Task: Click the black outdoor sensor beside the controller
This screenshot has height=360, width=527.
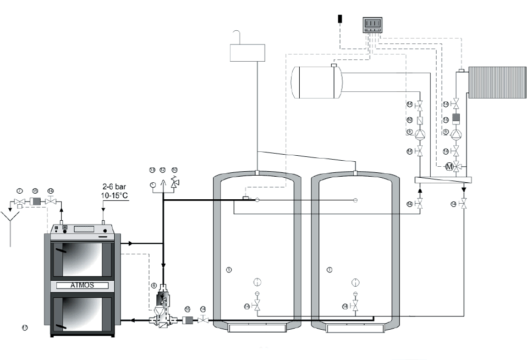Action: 341,19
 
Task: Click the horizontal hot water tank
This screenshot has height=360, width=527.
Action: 316,82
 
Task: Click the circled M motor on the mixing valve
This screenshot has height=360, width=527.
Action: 449,166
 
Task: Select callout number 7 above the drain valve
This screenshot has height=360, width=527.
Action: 19,190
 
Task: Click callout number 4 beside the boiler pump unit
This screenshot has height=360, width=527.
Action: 154,285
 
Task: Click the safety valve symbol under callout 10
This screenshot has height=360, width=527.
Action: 175,183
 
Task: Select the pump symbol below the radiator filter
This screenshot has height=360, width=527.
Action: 455,134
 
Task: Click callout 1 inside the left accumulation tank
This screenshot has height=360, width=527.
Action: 229,270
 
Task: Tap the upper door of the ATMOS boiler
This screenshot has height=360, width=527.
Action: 81,259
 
